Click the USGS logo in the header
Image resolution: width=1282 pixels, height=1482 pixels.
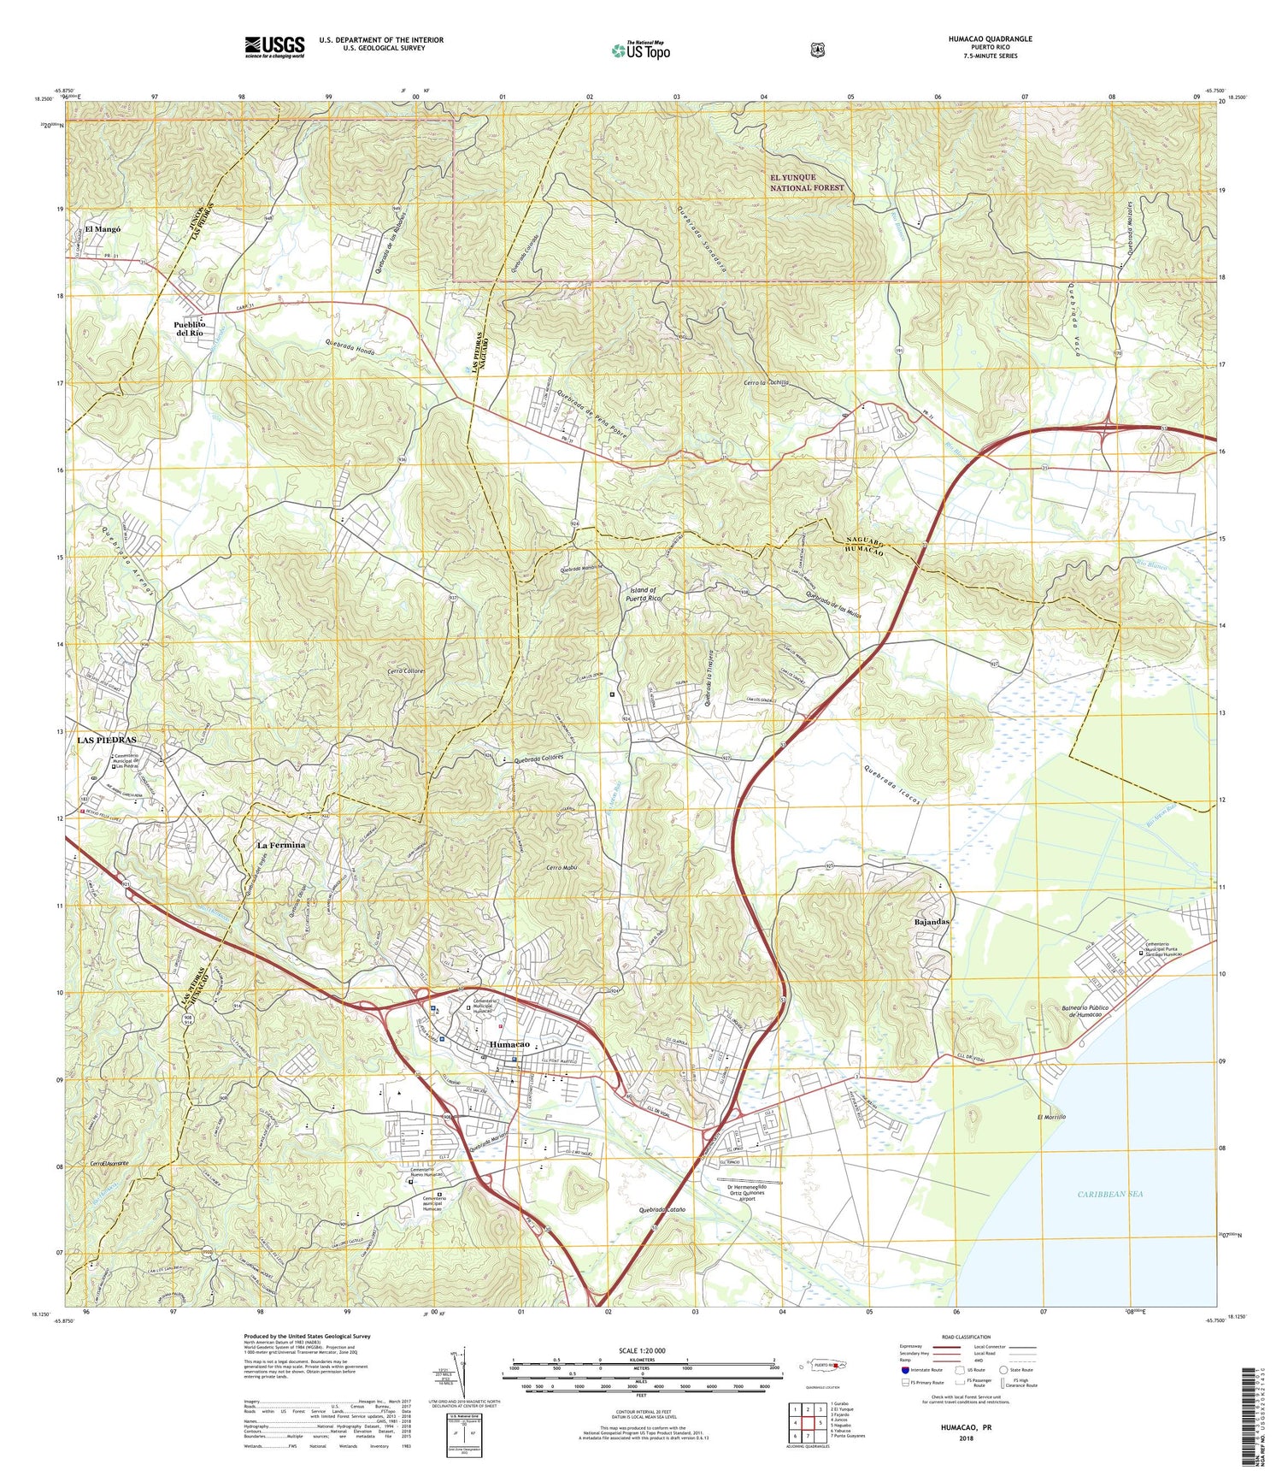point(274,46)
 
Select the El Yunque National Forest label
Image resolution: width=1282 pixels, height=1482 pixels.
point(806,182)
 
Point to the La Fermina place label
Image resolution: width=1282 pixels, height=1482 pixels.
point(281,845)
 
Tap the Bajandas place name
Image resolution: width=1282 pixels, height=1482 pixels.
point(932,923)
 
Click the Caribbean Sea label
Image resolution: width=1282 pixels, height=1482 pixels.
point(1110,1194)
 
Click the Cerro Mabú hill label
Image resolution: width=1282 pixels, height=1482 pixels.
point(562,868)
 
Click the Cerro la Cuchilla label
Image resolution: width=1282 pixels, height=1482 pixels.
point(766,383)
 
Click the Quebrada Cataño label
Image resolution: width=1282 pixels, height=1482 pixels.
point(662,1210)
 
